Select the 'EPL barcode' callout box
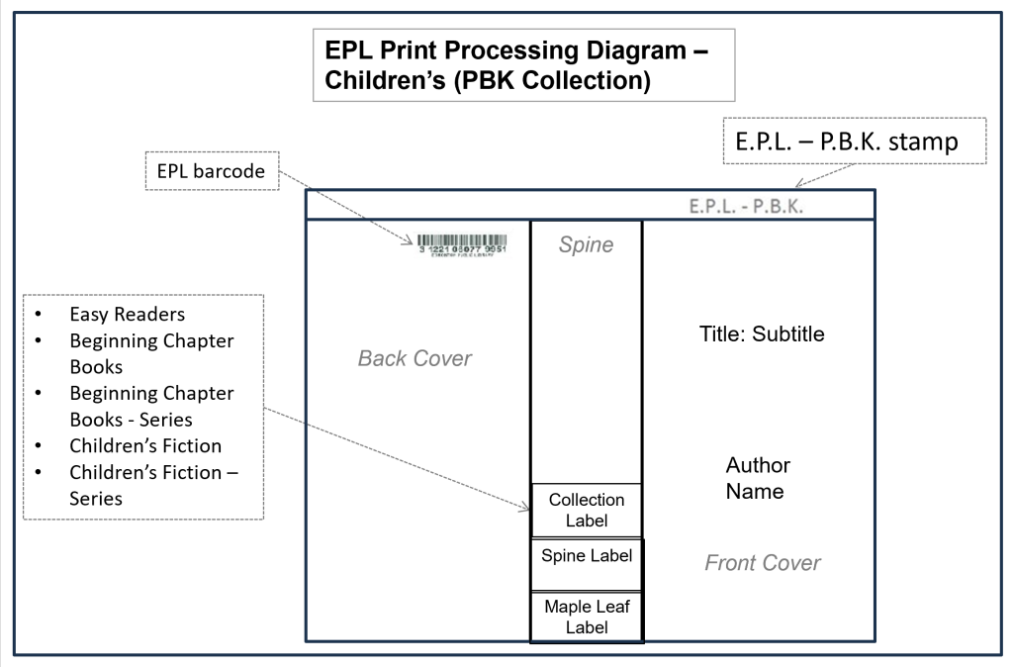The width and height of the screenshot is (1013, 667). click(x=211, y=170)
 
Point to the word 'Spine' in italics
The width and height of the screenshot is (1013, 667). click(x=586, y=245)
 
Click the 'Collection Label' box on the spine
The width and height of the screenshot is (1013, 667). click(x=587, y=510)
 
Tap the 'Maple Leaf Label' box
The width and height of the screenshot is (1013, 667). click(x=587, y=616)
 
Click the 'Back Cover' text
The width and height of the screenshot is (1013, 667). click(x=414, y=358)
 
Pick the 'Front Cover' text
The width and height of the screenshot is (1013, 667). click(x=762, y=563)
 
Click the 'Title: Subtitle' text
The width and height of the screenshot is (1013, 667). click(x=762, y=334)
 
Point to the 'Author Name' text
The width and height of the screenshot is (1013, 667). click(x=758, y=478)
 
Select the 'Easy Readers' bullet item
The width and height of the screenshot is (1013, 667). click(x=127, y=315)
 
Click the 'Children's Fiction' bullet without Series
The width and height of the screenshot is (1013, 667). click(x=144, y=445)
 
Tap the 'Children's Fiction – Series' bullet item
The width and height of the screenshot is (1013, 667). click(x=153, y=485)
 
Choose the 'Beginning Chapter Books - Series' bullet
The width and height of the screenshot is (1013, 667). click(x=150, y=406)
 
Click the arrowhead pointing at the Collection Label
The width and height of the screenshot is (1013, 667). click(x=527, y=507)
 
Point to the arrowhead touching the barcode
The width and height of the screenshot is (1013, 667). click(x=412, y=240)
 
